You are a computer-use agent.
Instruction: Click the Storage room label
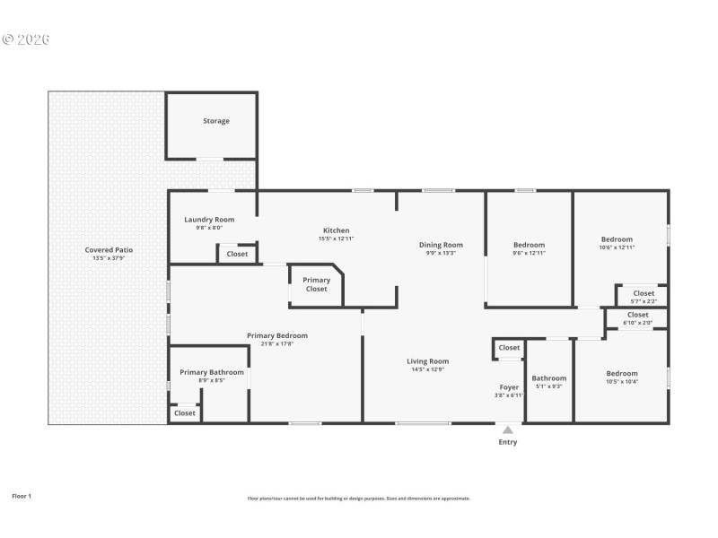(215, 121)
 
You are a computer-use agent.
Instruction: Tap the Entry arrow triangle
(508, 430)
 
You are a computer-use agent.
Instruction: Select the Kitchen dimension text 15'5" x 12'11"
(336, 239)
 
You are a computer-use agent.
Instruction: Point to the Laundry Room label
(209, 220)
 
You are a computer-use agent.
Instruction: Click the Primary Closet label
(316, 284)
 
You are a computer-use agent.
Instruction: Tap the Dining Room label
(441, 245)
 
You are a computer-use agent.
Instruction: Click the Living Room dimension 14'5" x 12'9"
(428, 369)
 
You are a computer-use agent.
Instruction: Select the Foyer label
(509, 387)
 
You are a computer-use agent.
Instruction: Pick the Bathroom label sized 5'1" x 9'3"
(548, 378)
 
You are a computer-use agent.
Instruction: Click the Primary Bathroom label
(212, 372)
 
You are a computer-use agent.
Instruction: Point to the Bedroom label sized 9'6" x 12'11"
(529, 245)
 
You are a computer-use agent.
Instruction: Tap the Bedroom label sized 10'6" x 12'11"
(617, 239)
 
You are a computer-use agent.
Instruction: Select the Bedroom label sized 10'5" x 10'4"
(621, 374)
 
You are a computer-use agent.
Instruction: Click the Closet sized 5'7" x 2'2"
(644, 293)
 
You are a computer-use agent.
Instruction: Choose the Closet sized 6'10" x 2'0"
(638, 315)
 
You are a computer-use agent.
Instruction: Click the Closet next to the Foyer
(509, 348)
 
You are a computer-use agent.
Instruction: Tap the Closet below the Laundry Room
(237, 254)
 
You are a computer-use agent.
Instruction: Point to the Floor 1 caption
(22, 496)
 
